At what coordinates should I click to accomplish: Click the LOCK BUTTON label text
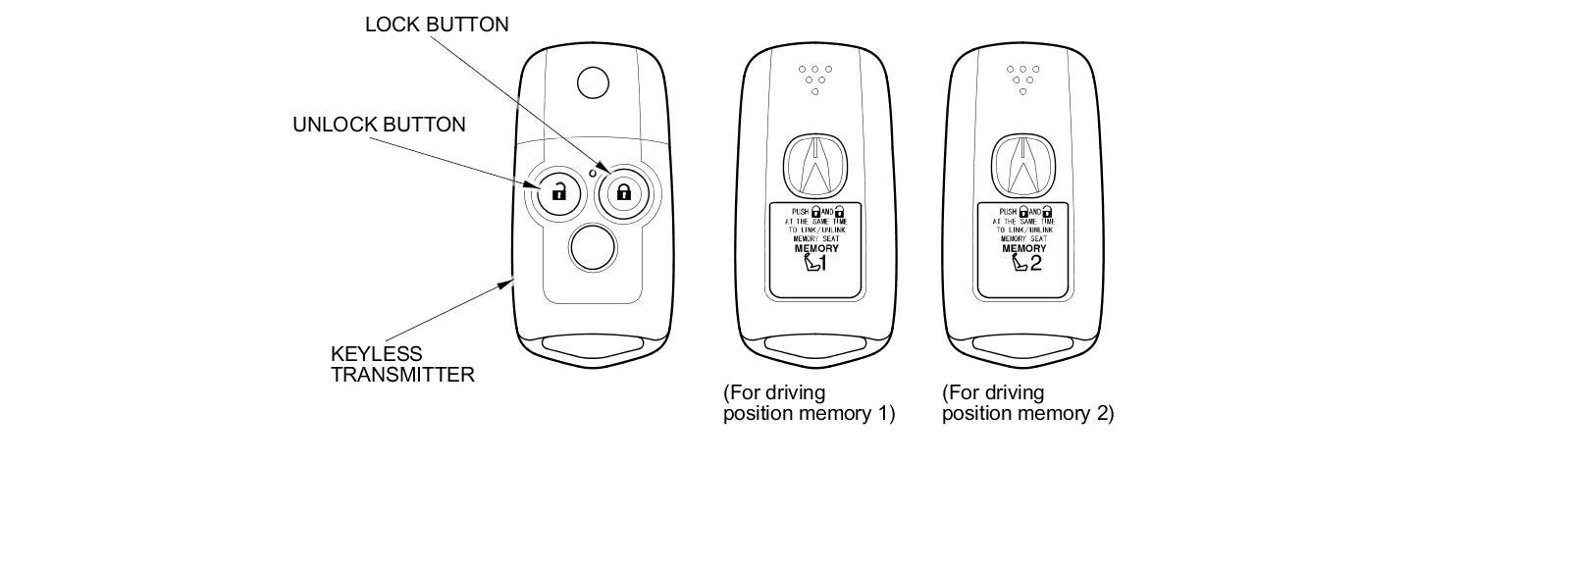tap(437, 25)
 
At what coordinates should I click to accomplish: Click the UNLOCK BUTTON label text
tap(379, 125)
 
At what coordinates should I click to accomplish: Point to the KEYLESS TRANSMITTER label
tap(402, 364)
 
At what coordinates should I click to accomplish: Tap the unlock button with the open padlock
tap(558, 191)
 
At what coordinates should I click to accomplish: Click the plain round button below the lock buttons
tap(594, 247)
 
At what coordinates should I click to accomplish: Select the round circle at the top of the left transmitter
tap(593, 82)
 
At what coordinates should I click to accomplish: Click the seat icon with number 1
tap(815, 263)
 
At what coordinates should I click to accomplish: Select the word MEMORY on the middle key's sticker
tap(816, 248)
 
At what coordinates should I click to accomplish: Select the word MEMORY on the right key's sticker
tap(1024, 248)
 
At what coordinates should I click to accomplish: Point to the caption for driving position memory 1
tap(809, 403)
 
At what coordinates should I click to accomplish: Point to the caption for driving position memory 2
tap(1027, 403)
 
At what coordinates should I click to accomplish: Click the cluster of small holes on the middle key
tap(814, 78)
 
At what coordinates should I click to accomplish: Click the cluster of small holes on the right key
tap(1022, 78)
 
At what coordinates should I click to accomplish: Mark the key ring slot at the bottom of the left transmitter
tap(594, 347)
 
